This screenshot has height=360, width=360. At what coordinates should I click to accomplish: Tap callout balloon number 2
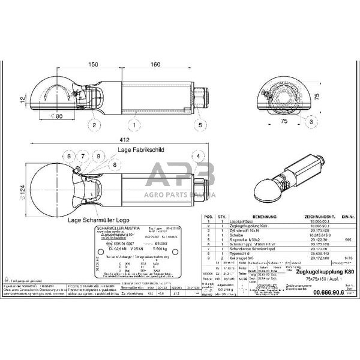(94, 125)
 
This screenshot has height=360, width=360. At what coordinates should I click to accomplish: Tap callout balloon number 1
(136, 125)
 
